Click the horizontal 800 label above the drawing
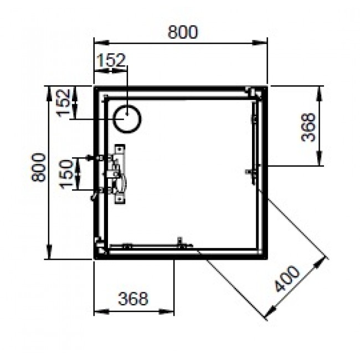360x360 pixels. pyautogui.click(x=182, y=32)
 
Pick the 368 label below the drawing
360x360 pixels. pyautogui.click(x=133, y=299)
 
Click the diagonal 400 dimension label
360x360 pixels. pyautogui.click(x=287, y=280)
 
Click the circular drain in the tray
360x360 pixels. pyautogui.click(x=128, y=119)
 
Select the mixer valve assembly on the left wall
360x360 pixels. pyautogui.click(x=118, y=174)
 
